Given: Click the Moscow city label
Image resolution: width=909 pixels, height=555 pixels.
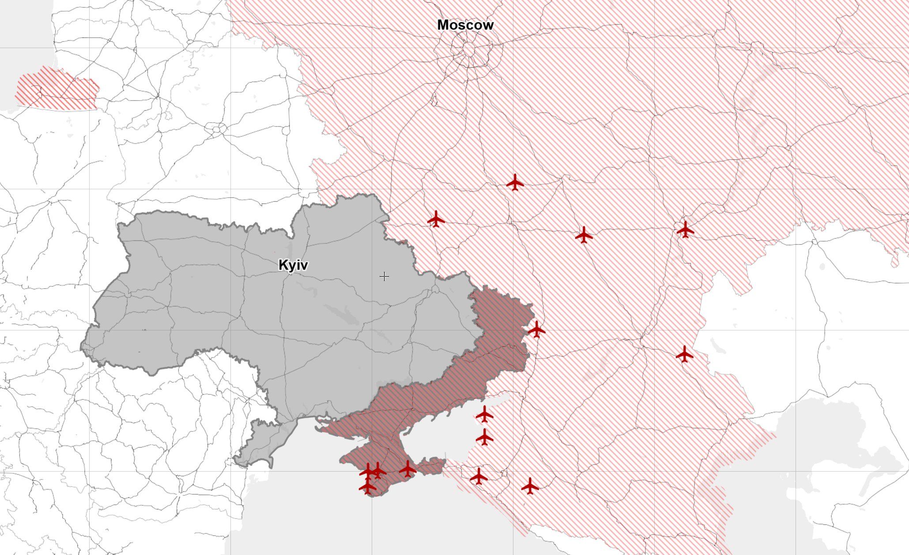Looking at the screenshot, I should click(465, 25).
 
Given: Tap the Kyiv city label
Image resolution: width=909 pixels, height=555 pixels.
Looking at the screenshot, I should click(293, 265).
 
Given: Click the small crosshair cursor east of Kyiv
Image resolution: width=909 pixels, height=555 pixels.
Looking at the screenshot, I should click(384, 277).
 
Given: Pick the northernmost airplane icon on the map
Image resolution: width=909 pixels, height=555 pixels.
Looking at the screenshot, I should click(515, 182).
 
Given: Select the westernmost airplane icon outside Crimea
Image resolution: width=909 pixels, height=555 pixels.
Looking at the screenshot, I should click(436, 219).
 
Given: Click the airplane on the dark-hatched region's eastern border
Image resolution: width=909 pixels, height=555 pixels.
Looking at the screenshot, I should click(536, 329).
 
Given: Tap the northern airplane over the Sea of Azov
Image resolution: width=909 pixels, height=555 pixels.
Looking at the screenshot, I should click(485, 414).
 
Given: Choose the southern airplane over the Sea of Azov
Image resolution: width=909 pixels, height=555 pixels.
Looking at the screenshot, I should click(485, 437).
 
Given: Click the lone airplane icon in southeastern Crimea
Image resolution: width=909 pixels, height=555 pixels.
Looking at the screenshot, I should click(407, 469).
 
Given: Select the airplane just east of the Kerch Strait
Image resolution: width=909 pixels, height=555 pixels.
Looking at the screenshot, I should click(479, 476).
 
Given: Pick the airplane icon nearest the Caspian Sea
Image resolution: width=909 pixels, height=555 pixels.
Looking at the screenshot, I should click(684, 354).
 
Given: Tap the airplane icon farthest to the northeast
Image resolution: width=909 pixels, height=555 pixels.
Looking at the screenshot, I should click(685, 229).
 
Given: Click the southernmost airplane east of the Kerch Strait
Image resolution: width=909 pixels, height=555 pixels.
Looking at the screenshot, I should click(530, 486).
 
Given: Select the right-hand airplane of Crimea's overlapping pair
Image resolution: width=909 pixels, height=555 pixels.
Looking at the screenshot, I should click(378, 470).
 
